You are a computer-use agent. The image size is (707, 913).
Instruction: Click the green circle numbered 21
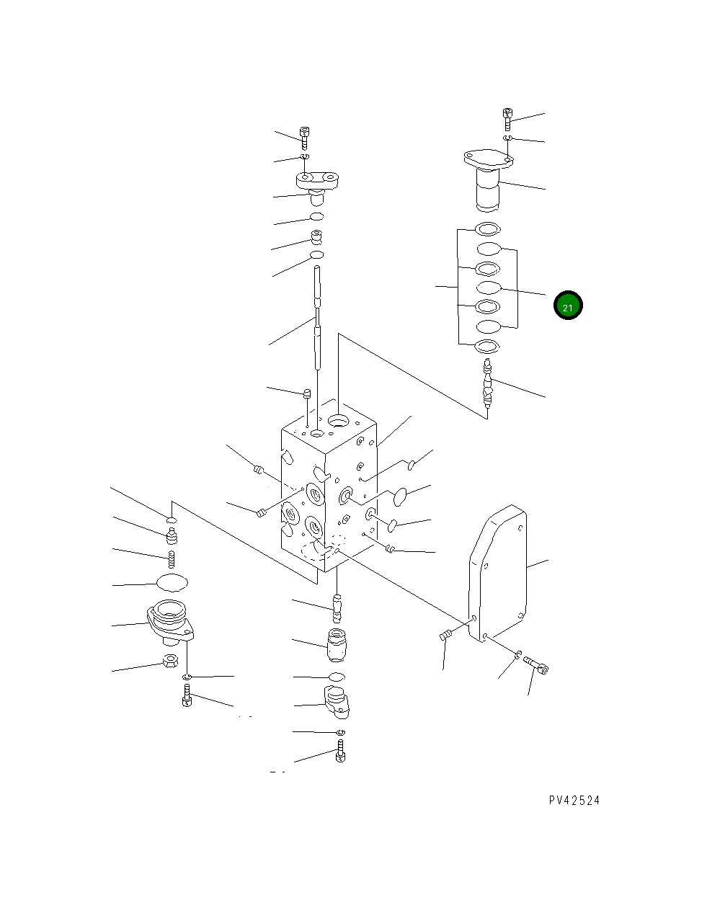(567, 305)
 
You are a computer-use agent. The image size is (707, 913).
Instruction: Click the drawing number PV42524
(574, 801)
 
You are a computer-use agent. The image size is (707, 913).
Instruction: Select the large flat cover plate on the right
(497, 575)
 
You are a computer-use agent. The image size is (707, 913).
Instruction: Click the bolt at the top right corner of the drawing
(507, 119)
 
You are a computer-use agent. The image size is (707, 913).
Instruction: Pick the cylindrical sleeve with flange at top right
(488, 180)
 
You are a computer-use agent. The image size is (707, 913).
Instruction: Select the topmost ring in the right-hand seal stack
(487, 229)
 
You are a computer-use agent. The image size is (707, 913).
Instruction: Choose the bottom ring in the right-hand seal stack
(487, 347)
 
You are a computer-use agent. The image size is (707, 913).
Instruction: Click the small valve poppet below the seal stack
(487, 383)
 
